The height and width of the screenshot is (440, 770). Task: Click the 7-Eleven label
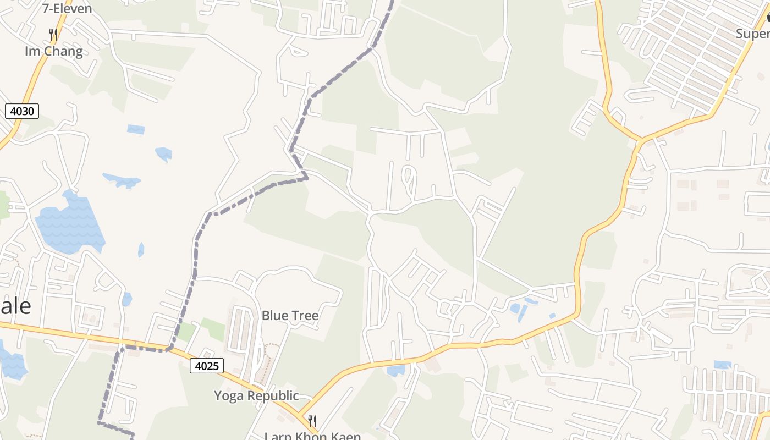(x=67, y=8)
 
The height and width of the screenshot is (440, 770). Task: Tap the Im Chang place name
(x=54, y=51)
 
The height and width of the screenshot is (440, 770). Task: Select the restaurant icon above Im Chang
(x=53, y=35)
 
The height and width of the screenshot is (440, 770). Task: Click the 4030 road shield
(x=23, y=111)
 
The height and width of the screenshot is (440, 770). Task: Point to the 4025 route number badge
(x=207, y=365)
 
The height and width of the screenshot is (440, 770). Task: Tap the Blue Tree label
(x=290, y=315)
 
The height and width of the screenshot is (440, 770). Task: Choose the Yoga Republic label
(x=256, y=395)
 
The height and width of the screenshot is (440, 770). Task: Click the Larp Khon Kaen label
(x=312, y=436)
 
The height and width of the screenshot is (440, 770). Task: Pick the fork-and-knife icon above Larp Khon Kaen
(x=312, y=421)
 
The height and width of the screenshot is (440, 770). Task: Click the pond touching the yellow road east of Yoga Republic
(x=396, y=371)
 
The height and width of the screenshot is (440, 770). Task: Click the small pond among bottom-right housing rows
(x=722, y=365)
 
